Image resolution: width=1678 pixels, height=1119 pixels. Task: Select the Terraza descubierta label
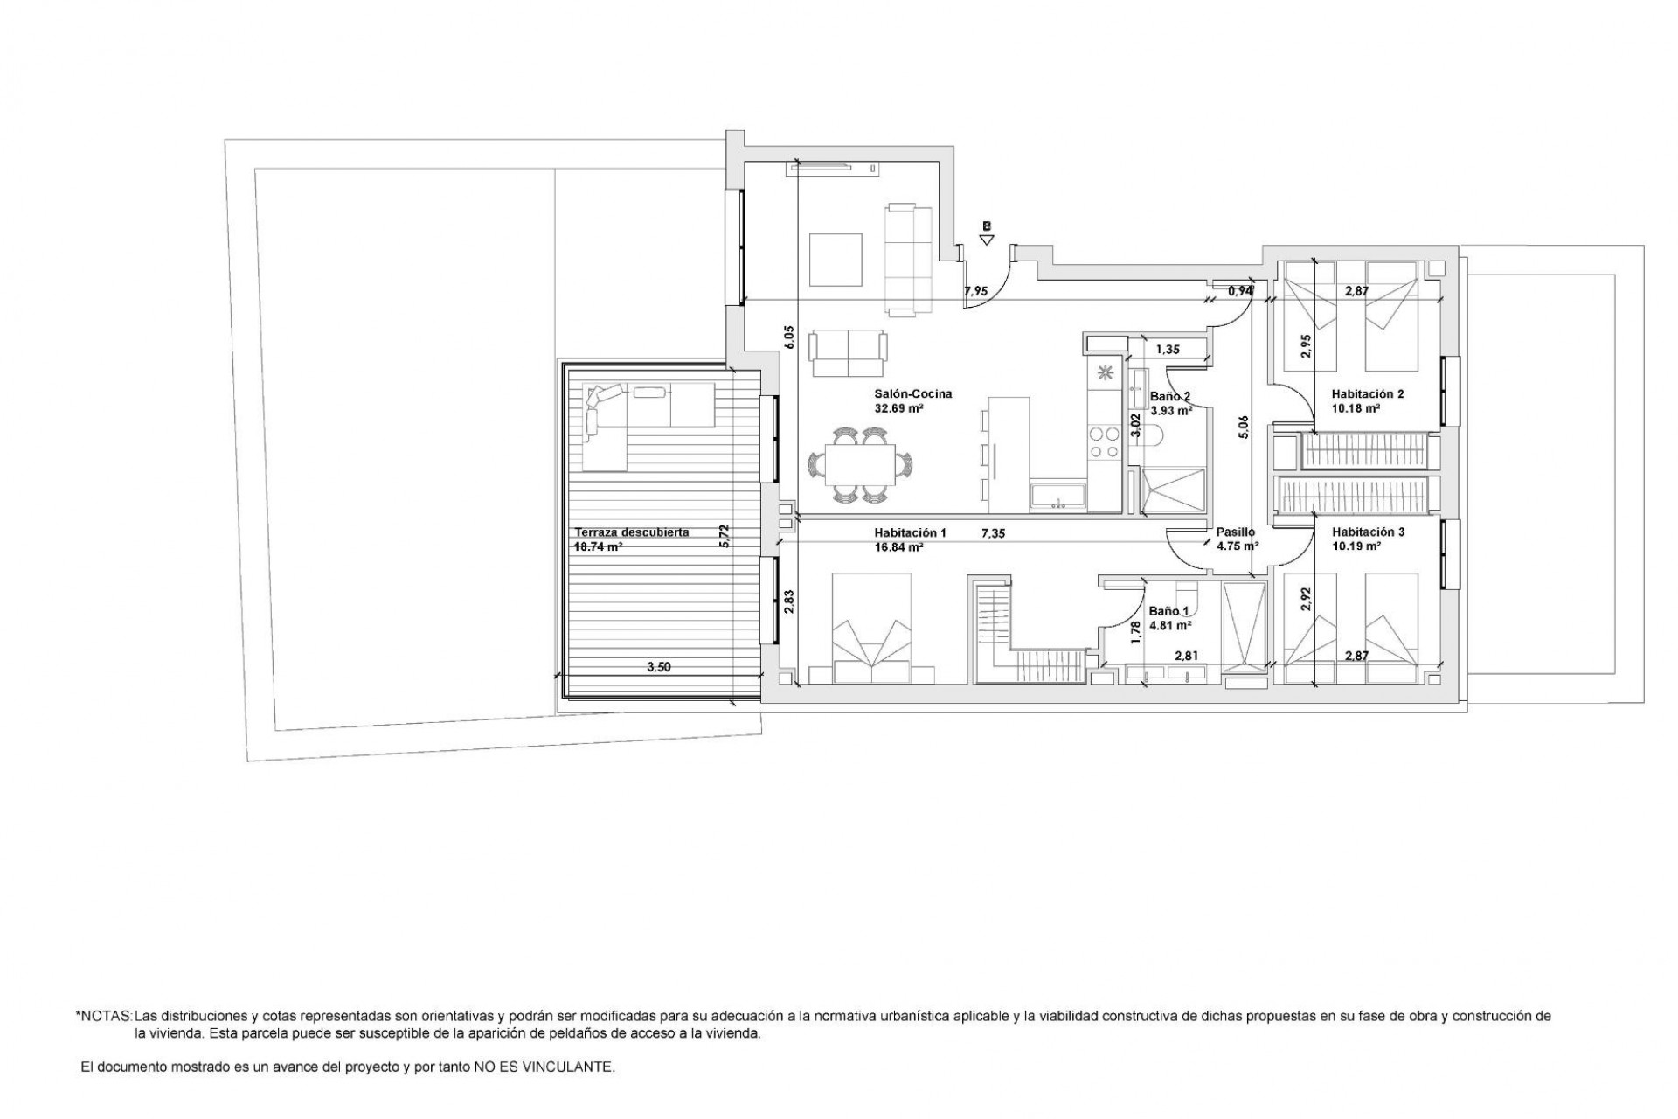click(631, 532)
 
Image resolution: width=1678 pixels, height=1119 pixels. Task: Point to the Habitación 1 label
click(910, 532)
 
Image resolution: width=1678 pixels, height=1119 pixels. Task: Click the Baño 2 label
click(1170, 396)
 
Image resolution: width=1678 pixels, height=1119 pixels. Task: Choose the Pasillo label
click(1235, 532)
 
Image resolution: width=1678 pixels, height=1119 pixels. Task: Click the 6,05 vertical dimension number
click(789, 337)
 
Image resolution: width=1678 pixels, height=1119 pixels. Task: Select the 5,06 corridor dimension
click(1245, 426)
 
